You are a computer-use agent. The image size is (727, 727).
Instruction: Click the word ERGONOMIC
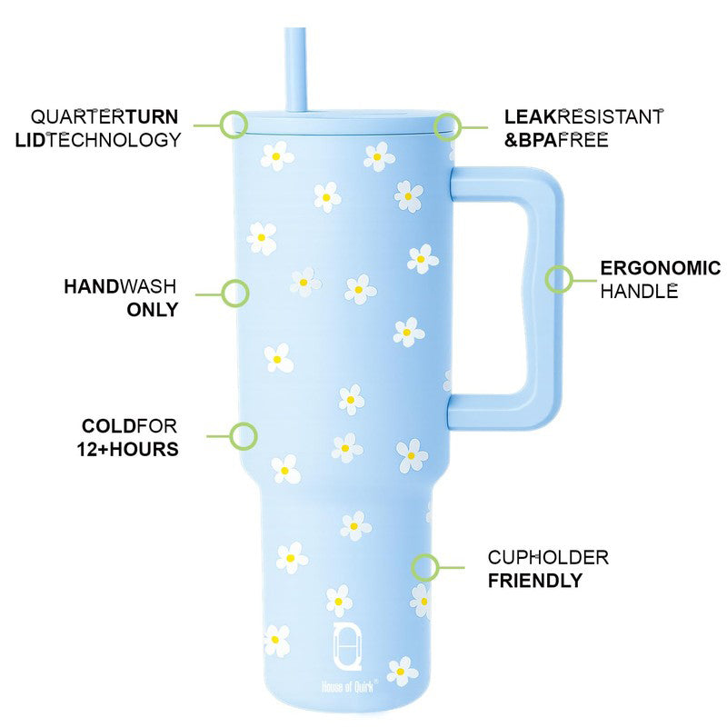pos(661,268)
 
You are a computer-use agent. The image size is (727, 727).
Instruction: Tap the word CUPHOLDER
pos(548,558)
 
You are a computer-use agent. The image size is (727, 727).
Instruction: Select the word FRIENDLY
pos(535,581)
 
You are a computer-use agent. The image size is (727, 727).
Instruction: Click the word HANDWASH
pos(120,286)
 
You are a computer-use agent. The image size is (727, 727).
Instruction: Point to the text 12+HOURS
pos(127,449)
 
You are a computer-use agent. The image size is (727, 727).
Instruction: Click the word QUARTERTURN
pos(105,117)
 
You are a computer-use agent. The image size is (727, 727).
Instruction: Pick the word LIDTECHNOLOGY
pos(98,140)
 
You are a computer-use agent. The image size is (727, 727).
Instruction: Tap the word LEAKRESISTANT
pos(583,117)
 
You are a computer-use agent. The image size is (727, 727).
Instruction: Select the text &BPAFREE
pos(556,140)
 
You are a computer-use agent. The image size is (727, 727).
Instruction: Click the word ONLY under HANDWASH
pos(153,310)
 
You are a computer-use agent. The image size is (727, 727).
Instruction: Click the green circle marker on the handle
pos(559,279)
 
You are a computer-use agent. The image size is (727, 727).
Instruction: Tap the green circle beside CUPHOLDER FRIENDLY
pos(424,567)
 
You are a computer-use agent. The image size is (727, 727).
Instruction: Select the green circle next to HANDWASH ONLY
pos(235,294)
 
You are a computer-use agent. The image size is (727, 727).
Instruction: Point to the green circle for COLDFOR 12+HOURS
pos(244,436)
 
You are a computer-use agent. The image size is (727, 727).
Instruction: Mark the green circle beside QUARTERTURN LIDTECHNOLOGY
pos(234,124)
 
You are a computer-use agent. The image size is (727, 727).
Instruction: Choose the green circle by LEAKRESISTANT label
pos(447,126)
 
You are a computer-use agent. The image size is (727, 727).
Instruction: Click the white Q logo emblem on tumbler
pos(347,646)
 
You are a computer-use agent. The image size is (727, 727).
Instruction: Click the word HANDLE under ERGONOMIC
pos(639,292)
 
